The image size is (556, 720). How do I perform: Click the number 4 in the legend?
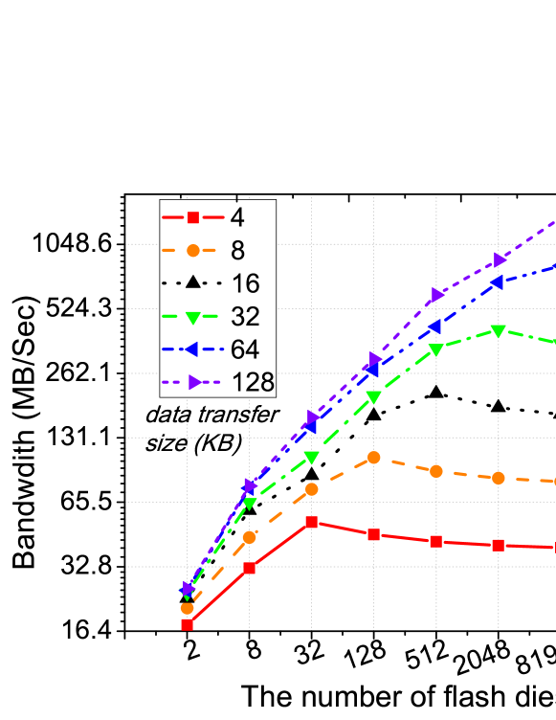point(236,218)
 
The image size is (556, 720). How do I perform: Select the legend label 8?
point(236,251)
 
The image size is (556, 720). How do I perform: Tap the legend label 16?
point(245,283)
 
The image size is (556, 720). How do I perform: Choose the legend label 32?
point(245,317)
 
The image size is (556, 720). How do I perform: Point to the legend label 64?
point(245,349)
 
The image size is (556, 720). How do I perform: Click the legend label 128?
point(254,383)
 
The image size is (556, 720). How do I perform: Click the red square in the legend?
point(192,217)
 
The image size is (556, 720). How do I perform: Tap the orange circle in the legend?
point(192,251)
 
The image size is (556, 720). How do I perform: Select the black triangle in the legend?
point(192,282)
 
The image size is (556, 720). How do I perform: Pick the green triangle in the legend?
point(192,317)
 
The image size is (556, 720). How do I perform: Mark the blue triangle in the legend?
point(192,349)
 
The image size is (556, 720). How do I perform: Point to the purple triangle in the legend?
point(193,383)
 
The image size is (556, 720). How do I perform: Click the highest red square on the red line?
point(312,523)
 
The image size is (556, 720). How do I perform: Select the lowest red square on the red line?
point(187,624)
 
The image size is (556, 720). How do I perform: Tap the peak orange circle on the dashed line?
point(374,458)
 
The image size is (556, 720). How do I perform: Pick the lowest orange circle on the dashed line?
point(187,608)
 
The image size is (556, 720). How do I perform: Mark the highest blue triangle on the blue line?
point(499,282)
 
